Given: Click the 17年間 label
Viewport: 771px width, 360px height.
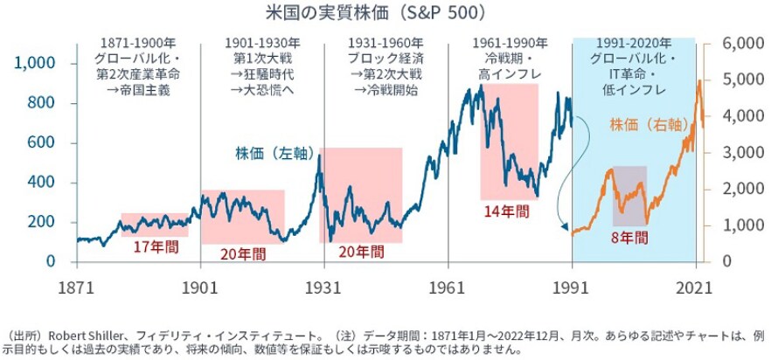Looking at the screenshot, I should (156, 247).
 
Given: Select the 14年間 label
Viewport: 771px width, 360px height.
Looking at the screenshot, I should (504, 211).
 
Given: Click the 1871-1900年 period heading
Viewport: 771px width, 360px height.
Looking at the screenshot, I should (138, 42).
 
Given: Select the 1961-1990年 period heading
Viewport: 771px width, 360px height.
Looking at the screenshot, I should (510, 42).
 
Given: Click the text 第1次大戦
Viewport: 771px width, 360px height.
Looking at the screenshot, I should (262, 58).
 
